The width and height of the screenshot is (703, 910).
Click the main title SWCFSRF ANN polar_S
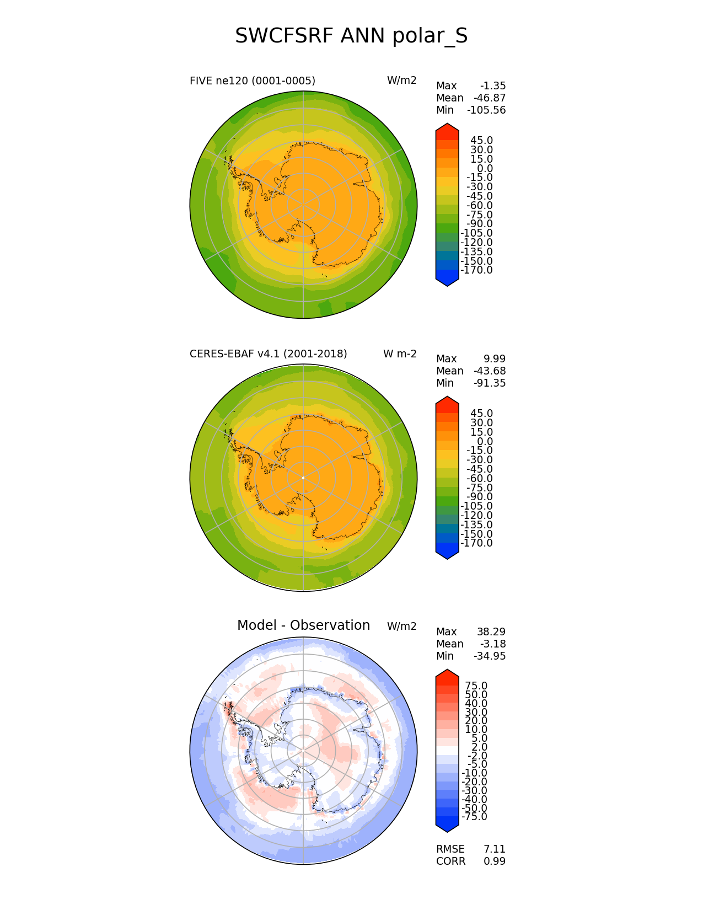coord(351,36)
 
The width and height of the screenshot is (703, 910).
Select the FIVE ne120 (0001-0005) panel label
coord(252,81)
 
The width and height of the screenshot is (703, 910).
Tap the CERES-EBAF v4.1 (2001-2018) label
coord(268,354)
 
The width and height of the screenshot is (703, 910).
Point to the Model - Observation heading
coord(303,625)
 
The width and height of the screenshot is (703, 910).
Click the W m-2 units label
coord(400,354)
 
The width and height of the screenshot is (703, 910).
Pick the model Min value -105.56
coord(486,110)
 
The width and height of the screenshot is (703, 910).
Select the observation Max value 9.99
coord(495,359)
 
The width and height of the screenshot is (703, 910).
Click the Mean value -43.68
coord(490,371)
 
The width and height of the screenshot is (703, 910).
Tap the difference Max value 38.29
coord(491,632)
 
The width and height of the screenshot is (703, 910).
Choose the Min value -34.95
coord(490,656)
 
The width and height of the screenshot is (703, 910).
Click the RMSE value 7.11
coord(495,849)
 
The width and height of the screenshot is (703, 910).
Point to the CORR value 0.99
coord(495,861)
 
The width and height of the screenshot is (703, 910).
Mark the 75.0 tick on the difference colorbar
coord(476,686)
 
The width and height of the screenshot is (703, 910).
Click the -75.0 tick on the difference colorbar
coord(474,817)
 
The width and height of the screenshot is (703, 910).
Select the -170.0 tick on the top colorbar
coord(476,270)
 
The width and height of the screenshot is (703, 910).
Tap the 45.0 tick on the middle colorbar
coord(481,414)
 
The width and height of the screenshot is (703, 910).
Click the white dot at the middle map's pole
coord(303,478)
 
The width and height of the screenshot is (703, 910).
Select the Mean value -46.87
coord(490,98)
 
